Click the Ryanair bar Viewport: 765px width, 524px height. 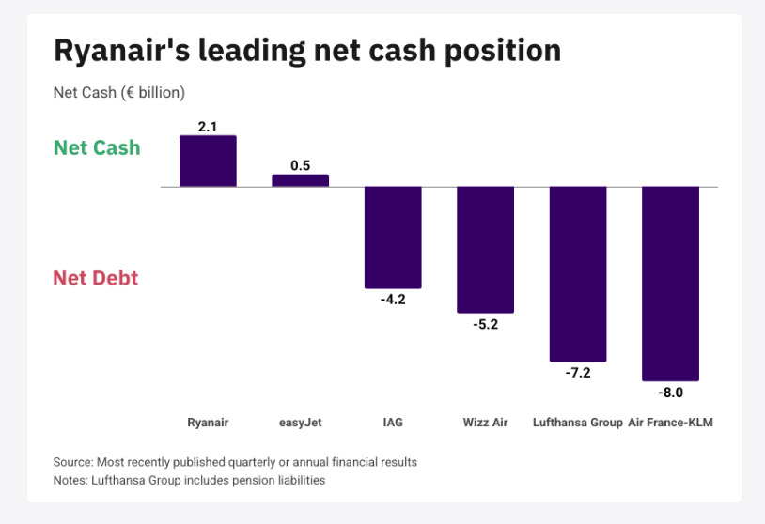[x=208, y=161]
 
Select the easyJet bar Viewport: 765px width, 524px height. [x=301, y=180]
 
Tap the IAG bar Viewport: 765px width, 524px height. [x=393, y=238]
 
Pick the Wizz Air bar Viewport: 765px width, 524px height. [x=486, y=250]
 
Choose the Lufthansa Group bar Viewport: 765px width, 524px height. [x=578, y=274]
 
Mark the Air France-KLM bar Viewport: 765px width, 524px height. [x=670, y=284]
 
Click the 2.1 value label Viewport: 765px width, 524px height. [x=208, y=127]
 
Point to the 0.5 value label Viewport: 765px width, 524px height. [x=301, y=165]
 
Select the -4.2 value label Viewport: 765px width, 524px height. [x=393, y=300]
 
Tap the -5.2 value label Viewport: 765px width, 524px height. [x=486, y=324]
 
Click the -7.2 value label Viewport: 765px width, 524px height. [x=578, y=373]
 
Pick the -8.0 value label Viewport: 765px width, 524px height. [x=670, y=393]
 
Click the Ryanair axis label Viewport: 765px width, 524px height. [x=208, y=423]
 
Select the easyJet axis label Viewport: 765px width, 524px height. [x=301, y=423]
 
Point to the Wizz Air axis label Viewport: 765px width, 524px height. [x=486, y=423]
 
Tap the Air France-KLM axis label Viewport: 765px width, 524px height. [x=670, y=423]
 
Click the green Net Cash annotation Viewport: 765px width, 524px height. [x=97, y=147]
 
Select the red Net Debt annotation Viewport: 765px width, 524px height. [x=96, y=278]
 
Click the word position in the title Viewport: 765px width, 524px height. [x=503, y=51]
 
